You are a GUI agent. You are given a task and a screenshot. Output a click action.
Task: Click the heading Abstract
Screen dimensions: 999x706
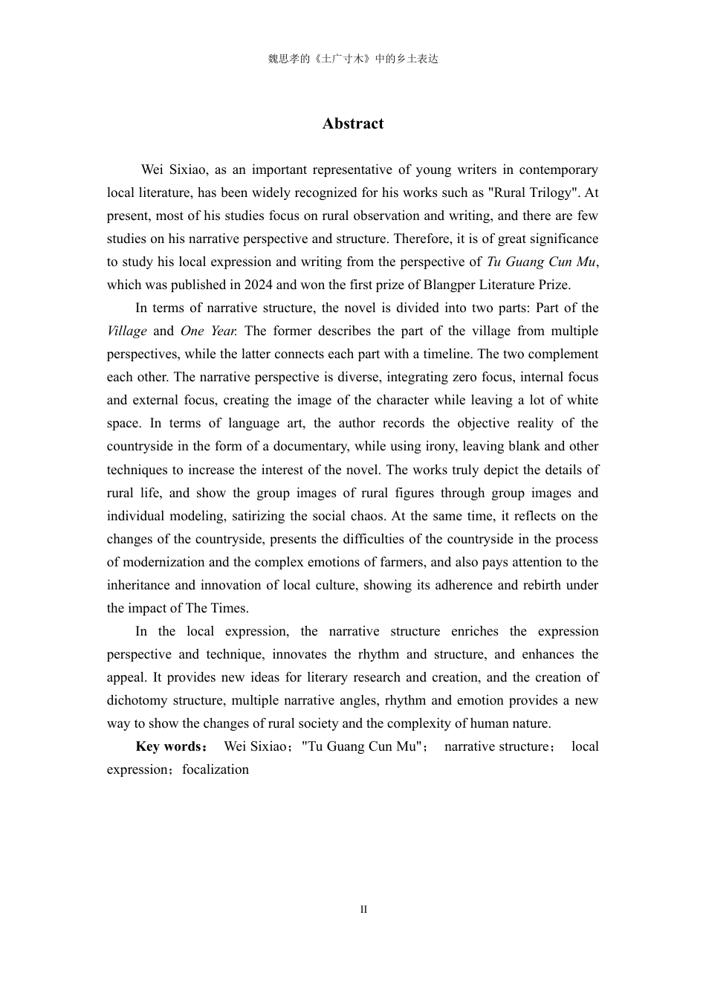click(x=353, y=124)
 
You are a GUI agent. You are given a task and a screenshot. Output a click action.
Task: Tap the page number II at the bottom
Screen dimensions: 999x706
click(x=363, y=910)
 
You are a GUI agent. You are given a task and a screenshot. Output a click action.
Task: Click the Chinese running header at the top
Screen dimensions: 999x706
click(x=353, y=59)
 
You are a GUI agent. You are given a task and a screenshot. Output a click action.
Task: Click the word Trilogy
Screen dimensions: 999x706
click(x=543, y=193)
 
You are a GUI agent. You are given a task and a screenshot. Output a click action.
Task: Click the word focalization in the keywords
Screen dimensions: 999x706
click(x=216, y=769)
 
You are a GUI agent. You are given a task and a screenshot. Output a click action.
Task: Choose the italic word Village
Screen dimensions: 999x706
click(x=126, y=331)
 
